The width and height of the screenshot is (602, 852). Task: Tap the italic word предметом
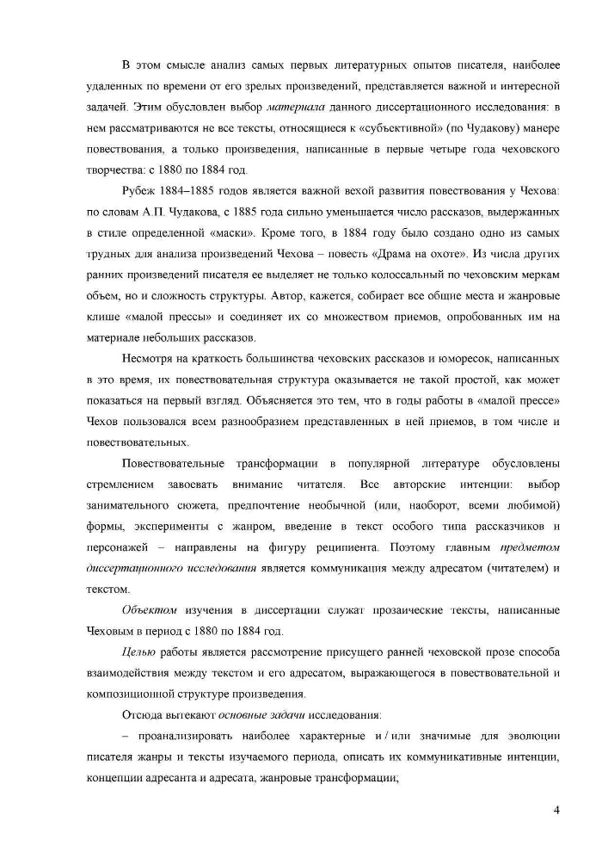coord(531,546)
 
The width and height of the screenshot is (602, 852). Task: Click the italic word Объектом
coord(151,610)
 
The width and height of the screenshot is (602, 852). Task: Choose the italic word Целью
coord(140,652)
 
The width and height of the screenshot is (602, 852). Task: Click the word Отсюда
coord(143,715)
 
